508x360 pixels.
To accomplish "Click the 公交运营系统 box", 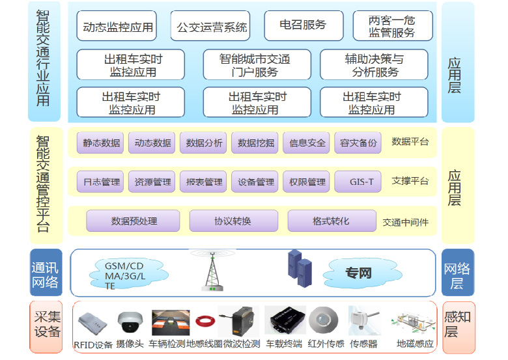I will pos(212,27).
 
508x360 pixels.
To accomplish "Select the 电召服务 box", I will pos(303,25).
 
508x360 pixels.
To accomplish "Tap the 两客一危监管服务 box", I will pos(391,26).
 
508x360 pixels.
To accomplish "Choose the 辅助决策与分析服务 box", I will pos(374,64).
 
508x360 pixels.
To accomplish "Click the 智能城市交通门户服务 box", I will pos(255,64).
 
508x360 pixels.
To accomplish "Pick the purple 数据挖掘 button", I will pos(256,143).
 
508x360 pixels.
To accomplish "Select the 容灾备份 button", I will pos(358,143).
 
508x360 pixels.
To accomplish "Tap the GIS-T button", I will pos(358,182).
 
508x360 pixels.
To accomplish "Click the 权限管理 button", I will pos(307,182).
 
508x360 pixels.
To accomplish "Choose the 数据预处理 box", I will pos(134,221).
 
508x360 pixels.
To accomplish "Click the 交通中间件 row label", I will pos(405,222).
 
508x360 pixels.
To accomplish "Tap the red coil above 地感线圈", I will pos(205,320).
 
